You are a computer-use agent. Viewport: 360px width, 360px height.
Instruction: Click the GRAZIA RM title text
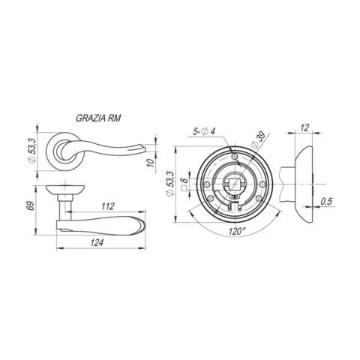click(98, 118)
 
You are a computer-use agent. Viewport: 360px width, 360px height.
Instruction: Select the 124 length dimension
click(97, 242)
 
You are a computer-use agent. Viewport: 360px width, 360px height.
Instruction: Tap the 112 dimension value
click(108, 206)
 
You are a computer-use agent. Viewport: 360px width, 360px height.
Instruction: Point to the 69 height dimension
click(30, 205)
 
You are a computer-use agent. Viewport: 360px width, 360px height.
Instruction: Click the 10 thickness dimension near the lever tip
click(151, 163)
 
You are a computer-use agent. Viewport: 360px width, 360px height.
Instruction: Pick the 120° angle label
click(235, 231)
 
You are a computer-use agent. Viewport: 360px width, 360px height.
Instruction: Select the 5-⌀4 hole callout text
click(204, 131)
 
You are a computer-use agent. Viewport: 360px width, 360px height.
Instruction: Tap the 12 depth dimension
click(304, 127)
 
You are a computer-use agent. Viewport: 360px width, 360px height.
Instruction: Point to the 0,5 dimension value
click(326, 201)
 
